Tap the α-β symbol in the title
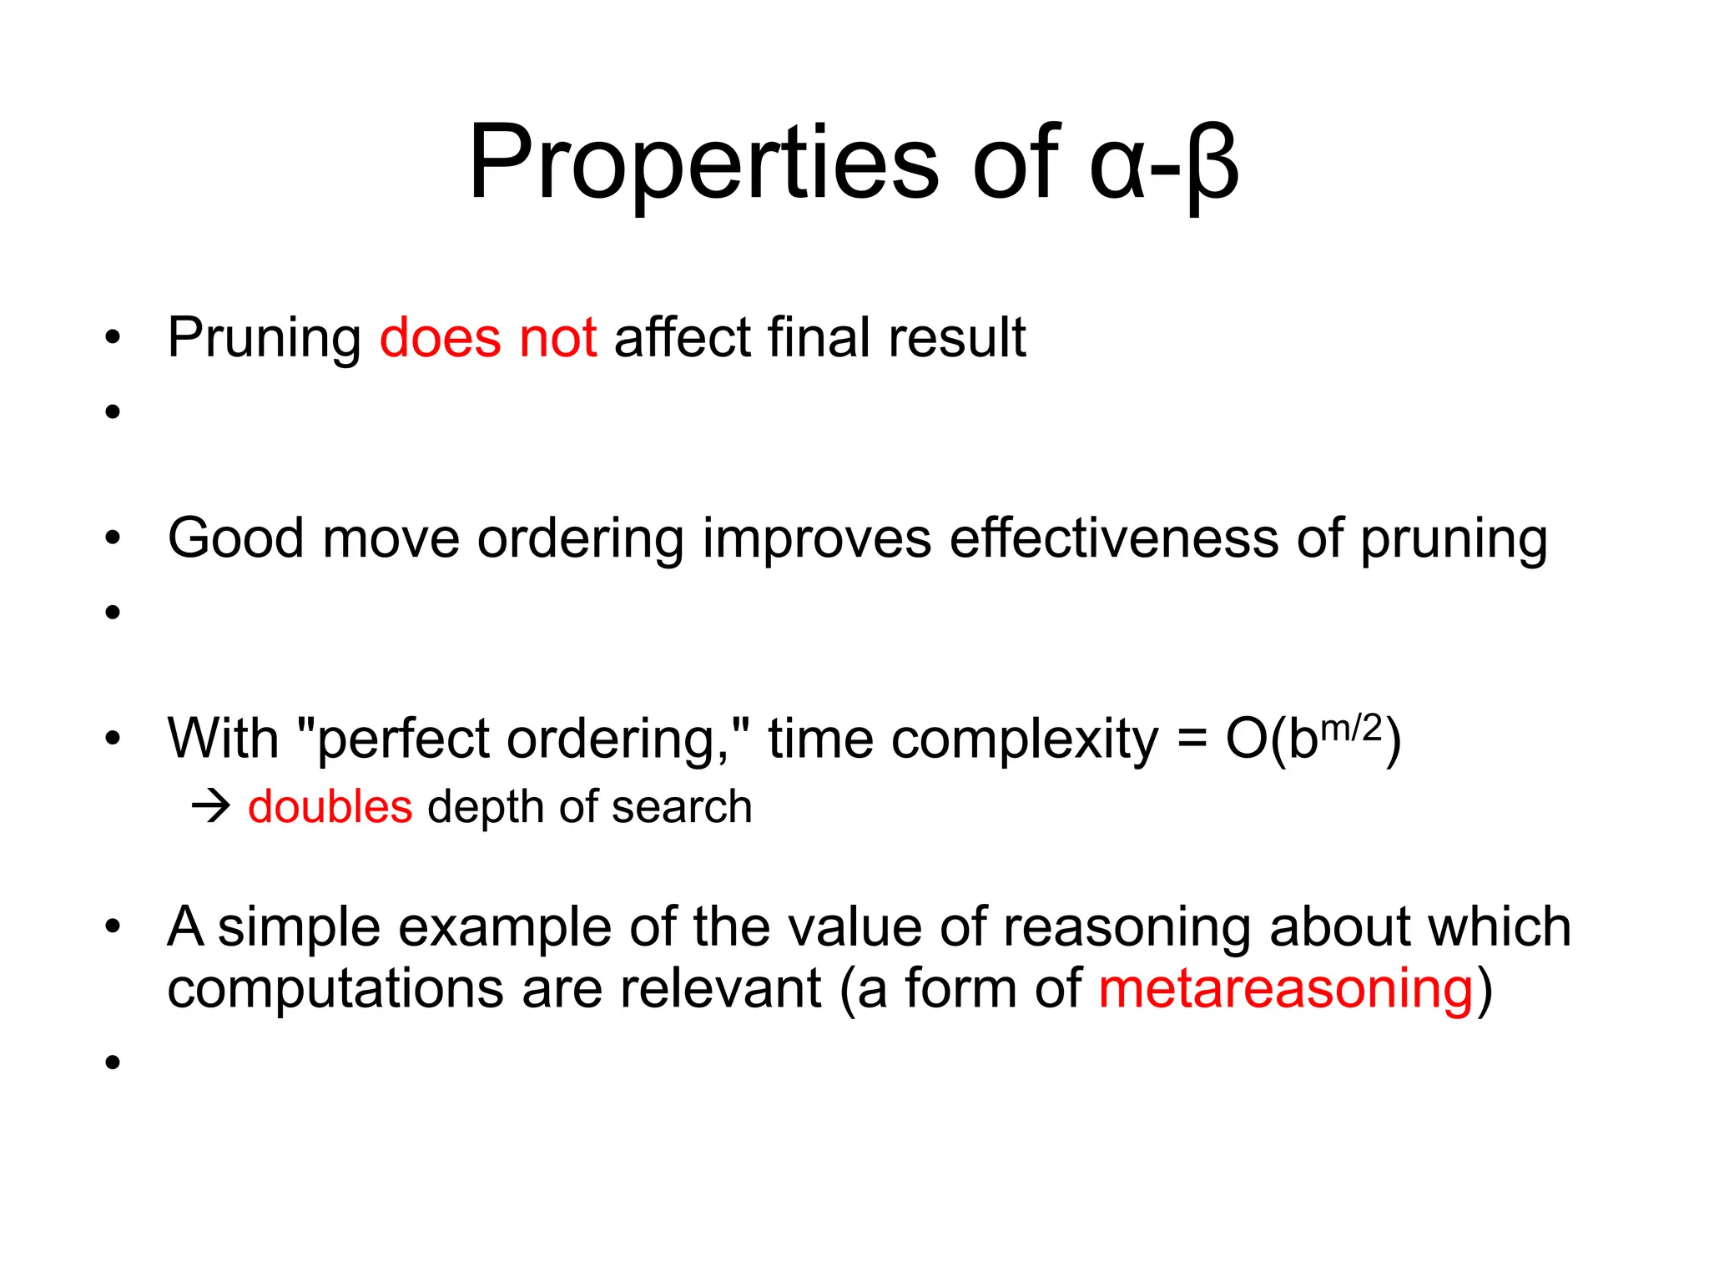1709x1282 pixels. [1163, 163]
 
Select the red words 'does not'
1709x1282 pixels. [488, 338]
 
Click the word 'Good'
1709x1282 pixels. [235, 538]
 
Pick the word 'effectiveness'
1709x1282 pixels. [1114, 538]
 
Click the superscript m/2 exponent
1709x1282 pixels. [1352, 727]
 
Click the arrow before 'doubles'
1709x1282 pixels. [210, 807]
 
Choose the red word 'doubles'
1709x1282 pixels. [330, 807]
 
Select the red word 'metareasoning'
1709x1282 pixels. [1286, 989]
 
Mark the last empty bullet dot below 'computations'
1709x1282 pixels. [113, 1062]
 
